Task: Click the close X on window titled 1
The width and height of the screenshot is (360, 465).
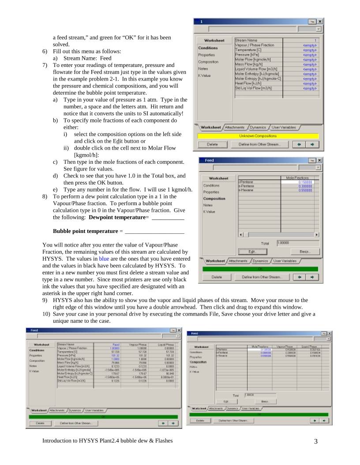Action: tap(319, 21)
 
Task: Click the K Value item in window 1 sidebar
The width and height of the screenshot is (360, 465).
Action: tap(205, 76)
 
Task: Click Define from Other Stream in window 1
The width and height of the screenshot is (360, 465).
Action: tap(264, 144)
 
